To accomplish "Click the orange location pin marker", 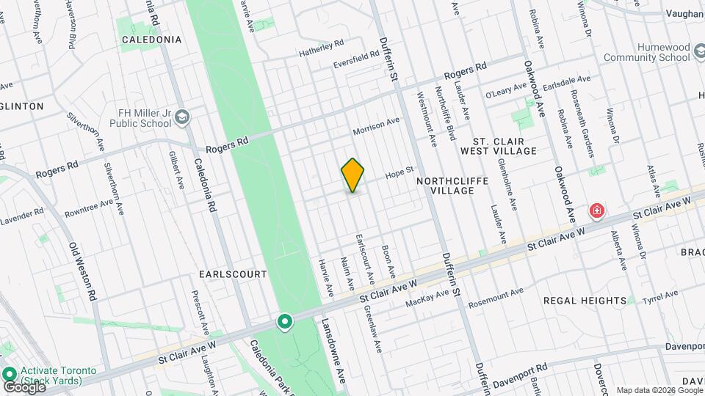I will click(x=353, y=175).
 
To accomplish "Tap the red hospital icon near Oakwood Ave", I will click(x=597, y=212).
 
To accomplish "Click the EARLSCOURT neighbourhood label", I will click(x=233, y=274).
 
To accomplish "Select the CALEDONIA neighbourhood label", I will click(x=151, y=40).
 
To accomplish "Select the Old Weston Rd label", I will click(x=83, y=271).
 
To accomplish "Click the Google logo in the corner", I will click(x=23, y=387).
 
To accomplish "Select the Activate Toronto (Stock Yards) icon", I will click(x=9, y=373).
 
